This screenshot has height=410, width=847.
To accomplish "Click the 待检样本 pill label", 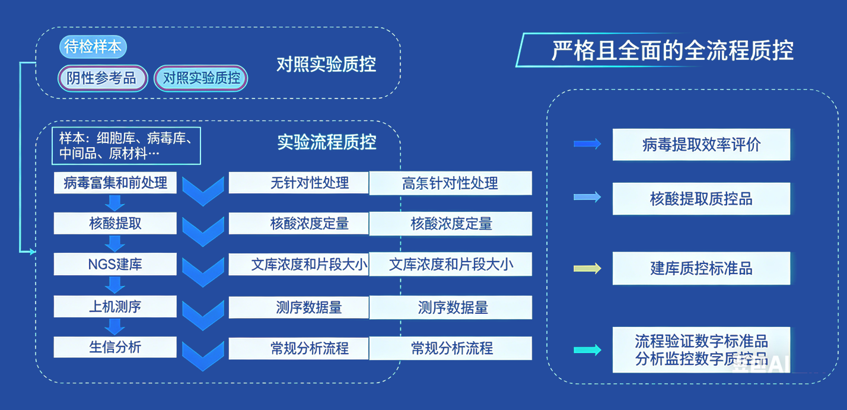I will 93,47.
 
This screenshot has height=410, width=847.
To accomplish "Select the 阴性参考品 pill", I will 102,78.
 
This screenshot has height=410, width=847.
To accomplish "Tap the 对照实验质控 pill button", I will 201,78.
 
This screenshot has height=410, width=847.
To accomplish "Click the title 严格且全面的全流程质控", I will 672,50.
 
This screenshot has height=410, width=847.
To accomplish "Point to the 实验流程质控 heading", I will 327,142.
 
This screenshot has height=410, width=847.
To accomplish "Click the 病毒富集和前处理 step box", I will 115,183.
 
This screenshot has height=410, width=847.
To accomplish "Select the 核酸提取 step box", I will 115,224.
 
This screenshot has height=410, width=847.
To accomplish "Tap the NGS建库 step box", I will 115,264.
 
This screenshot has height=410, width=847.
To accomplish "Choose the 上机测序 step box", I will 115,307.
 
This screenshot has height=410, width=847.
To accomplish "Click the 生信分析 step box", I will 115,347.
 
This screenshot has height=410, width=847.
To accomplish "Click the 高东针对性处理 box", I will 450,183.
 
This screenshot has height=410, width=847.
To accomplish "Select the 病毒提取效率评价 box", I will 701,144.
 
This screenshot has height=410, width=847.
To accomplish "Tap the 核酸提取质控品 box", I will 701,199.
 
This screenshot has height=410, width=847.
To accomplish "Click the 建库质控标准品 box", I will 701,268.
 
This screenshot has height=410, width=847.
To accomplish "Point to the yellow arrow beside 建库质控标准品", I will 587,268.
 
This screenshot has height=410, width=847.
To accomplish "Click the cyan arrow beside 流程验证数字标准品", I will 587,350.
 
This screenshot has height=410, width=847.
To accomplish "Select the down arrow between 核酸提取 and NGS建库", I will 115,244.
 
